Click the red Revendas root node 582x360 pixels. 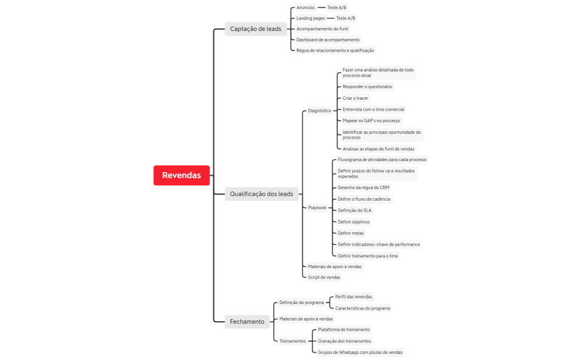(x=181, y=175)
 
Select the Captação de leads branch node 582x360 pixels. (x=255, y=29)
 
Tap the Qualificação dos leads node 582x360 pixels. (x=262, y=194)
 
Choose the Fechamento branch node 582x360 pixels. (x=247, y=322)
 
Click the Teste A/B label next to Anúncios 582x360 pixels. (x=337, y=8)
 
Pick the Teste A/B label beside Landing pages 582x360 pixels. (x=345, y=18)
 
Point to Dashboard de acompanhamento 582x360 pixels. (x=328, y=40)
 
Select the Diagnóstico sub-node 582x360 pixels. (x=320, y=111)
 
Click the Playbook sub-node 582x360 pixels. (x=317, y=207)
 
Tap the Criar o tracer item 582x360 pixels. (x=355, y=98)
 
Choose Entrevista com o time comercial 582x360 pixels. (x=373, y=109)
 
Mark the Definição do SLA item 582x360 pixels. (x=354, y=210)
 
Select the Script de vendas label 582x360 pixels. (x=324, y=277)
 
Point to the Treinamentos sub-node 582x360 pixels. (x=293, y=341)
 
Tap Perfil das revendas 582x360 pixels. (x=353, y=297)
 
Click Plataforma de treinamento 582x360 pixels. (x=344, y=330)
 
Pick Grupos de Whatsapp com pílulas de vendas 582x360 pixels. (x=360, y=352)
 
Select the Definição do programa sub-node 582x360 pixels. (x=302, y=302)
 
